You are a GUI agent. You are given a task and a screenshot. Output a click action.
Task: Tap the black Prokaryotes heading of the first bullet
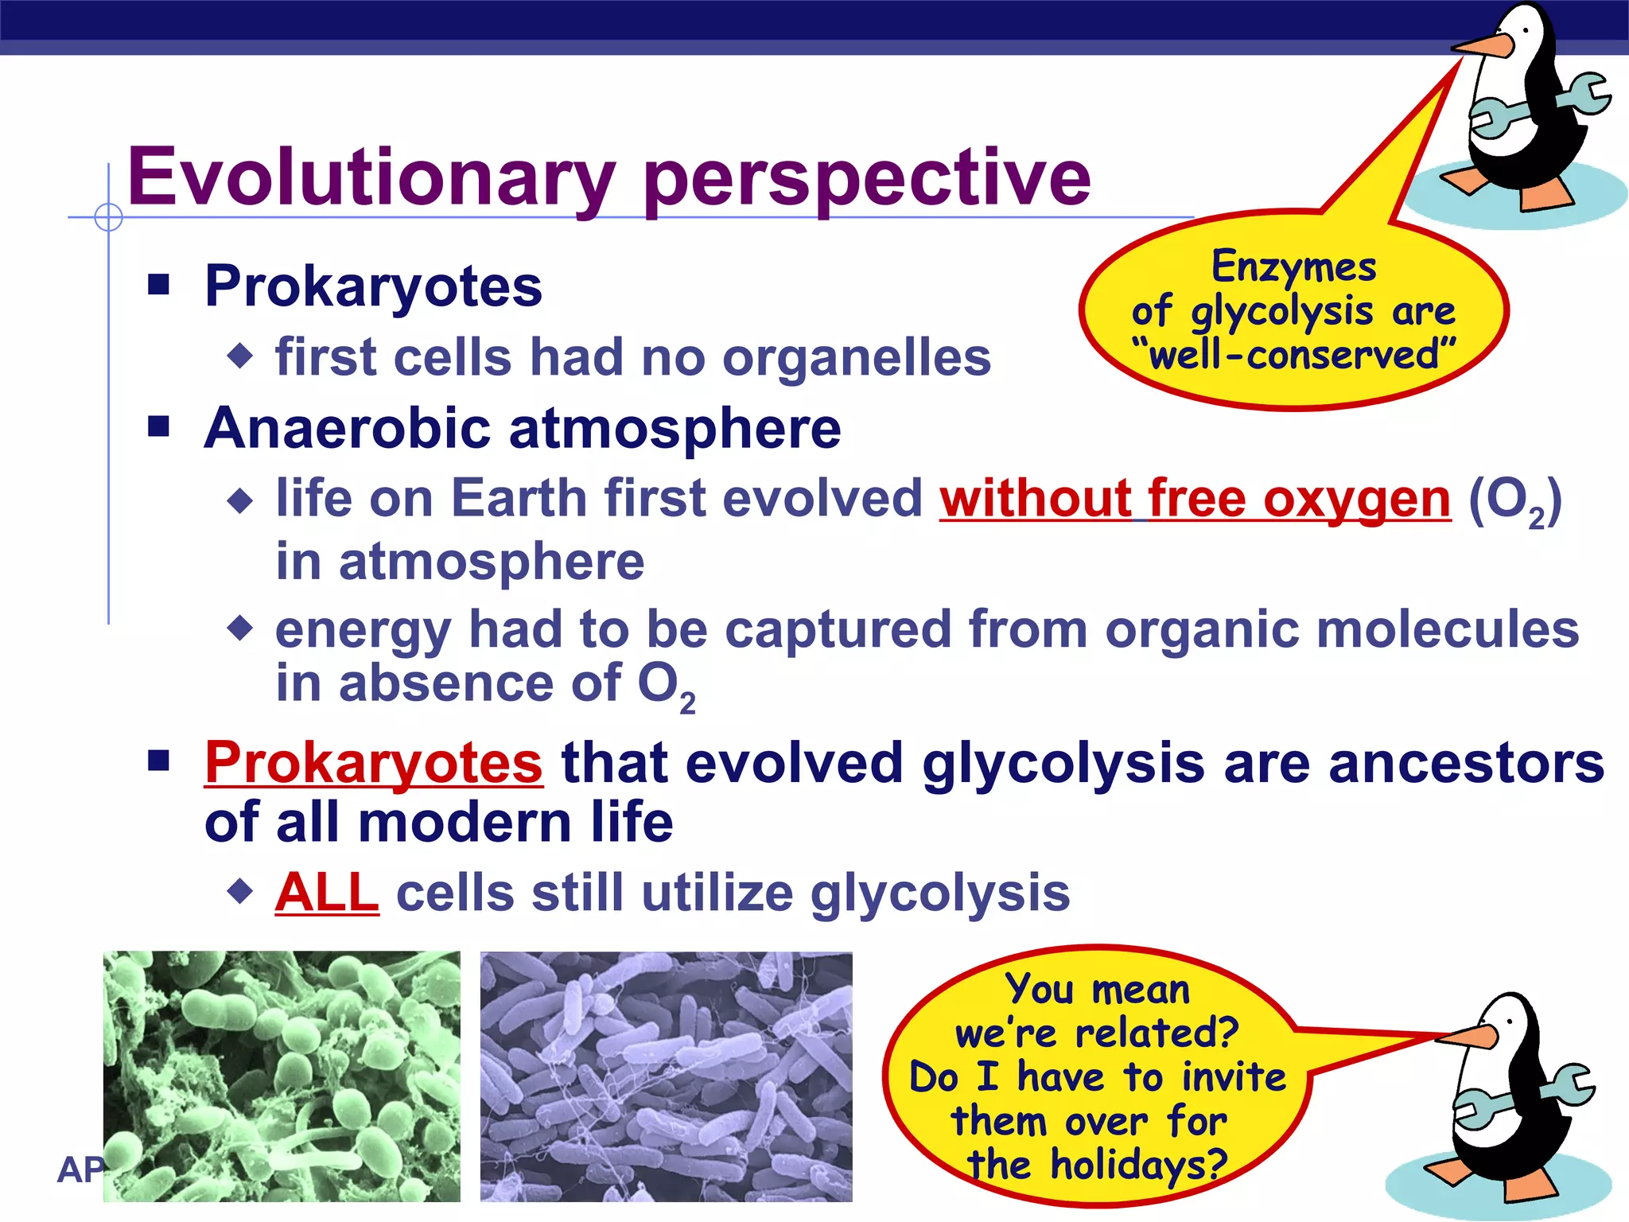click(373, 286)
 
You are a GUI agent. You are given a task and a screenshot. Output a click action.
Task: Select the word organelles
click(857, 357)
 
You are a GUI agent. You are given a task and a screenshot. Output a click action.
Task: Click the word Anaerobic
click(347, 429)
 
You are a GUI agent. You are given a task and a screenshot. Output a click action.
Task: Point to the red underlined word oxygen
click(1356, 500)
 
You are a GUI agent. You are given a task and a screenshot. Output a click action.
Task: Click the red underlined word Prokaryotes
click(374, 763)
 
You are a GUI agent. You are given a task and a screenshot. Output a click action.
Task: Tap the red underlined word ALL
click(327, 893)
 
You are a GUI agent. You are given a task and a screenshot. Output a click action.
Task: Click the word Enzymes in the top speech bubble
click(1293, 267)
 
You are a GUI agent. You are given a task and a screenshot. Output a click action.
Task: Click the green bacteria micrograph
click(282, 1076)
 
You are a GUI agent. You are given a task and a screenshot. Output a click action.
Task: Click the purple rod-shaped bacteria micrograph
click(666, 1076)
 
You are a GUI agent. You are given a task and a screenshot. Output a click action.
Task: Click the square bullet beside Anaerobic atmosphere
click(159, 427)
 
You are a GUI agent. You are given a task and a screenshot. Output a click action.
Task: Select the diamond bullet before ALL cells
click(239, 891)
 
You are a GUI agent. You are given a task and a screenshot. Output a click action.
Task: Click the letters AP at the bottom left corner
click(80, 1170)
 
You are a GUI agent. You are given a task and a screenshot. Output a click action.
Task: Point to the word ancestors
click(1466, 763)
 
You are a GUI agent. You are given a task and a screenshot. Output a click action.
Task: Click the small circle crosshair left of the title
click(108, 216)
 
